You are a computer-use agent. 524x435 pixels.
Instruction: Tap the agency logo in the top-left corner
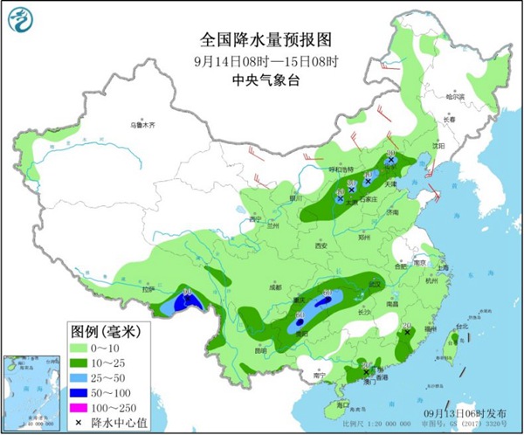point(20,20)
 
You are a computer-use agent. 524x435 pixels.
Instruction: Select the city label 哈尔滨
point(457,96)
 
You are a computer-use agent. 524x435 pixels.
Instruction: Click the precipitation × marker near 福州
point(407,332)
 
